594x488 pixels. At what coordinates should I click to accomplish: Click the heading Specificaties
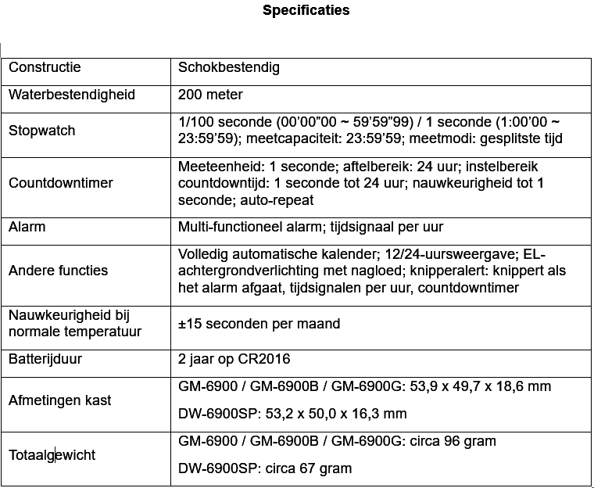coord(306,10)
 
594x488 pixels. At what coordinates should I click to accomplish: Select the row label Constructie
coord(45,67)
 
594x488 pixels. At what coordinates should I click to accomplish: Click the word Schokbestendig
coord(229,67)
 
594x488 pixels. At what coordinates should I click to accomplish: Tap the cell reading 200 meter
coord(210,95)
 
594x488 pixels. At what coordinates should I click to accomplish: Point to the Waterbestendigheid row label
coord(72,95)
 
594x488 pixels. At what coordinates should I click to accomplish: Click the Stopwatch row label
coord(42,131)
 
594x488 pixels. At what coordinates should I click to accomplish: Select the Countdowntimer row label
coord(61,183)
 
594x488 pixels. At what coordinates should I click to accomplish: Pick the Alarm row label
coord(27,227)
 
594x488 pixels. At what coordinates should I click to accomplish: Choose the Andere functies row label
coord(59,271)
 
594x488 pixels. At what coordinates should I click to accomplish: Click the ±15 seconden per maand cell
coord(259,324)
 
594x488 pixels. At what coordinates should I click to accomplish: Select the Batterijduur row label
coord(45,359)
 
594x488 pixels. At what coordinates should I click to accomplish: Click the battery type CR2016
coord(266,359)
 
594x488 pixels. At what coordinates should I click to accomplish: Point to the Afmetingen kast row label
coord(60,400)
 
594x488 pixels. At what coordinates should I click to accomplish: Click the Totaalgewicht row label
coord(52,455)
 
